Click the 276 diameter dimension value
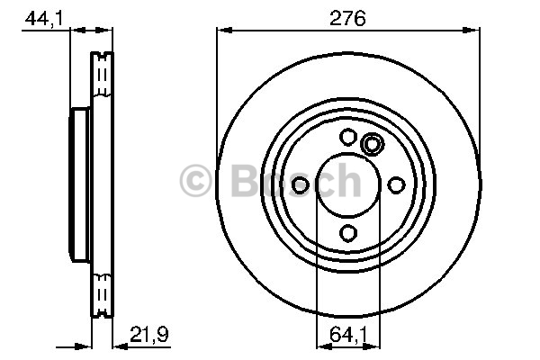[347, 18]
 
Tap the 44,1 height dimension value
[44, 18]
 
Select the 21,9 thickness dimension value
[149, 334]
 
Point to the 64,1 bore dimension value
[348, 335]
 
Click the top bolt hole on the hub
[347, 137]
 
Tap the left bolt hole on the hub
[300, 185]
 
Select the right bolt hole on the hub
[396, 185]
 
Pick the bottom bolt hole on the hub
[347, 233]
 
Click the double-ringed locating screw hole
[372, 144]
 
